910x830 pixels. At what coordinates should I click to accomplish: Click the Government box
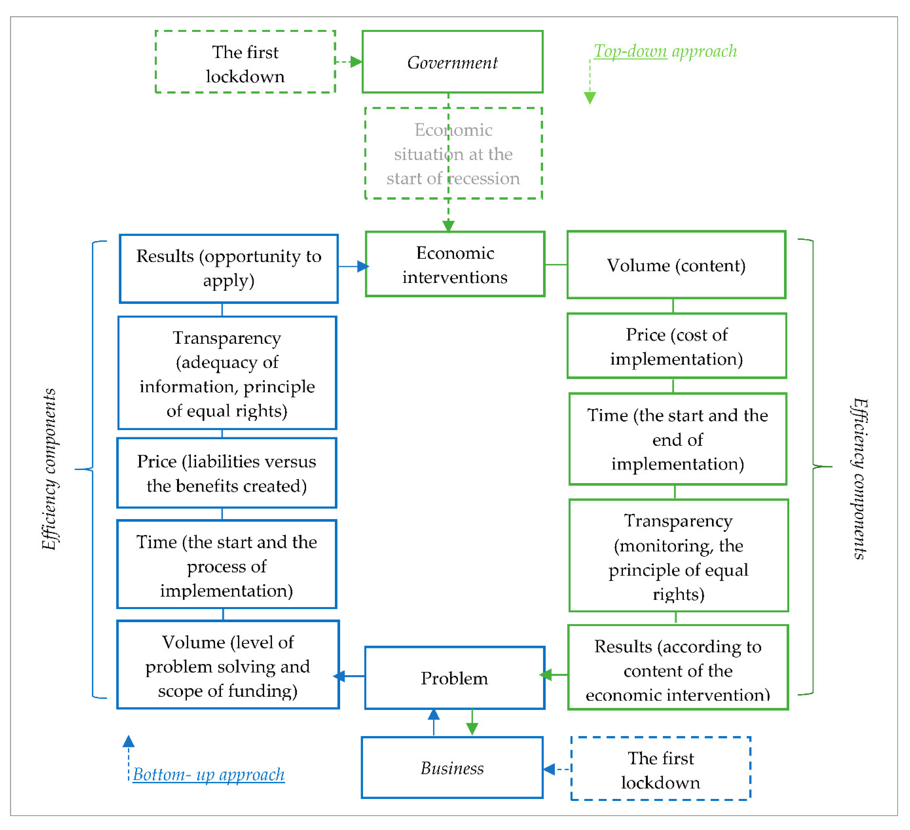[452, 62]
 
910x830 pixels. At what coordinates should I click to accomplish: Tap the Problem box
[455, 678]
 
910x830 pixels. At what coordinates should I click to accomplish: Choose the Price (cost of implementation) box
[676, 346]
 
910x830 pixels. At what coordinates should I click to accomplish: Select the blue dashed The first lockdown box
[660, 770]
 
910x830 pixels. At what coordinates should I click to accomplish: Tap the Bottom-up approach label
[209, 775]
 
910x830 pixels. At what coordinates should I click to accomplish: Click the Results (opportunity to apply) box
[229, 269]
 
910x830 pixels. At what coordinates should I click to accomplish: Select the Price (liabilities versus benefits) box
[227, 473]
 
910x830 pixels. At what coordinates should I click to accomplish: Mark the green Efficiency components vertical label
[859, 478]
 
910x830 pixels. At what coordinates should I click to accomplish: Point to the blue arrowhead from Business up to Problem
[434, 714]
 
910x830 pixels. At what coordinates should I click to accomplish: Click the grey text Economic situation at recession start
[453, 154]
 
